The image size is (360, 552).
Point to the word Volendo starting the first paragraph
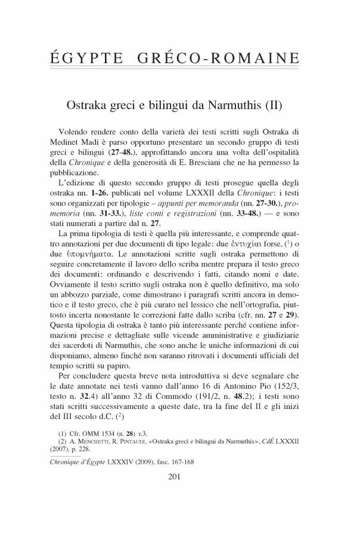(75, 131)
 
